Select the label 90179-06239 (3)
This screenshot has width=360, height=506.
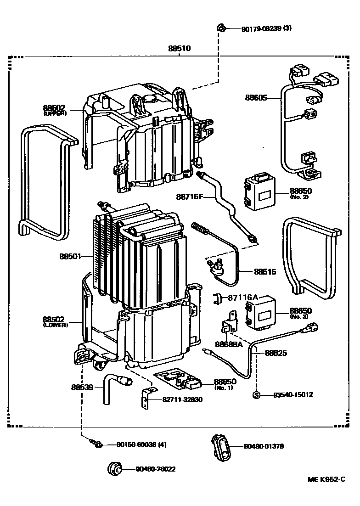click(266, 28)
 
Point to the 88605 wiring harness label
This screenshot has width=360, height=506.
click(256, 97)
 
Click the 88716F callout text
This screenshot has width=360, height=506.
click(189, 197)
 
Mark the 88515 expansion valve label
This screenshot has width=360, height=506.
click(265, 271)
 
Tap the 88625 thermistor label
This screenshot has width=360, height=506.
click(276, 353)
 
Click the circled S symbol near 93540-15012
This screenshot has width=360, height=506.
click(257, 395)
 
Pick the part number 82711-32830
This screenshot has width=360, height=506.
click(182, 399)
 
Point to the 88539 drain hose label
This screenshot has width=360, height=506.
click(82, 387)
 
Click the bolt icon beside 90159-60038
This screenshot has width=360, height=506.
click(97, 444)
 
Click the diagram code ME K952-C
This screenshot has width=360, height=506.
click(326, 479)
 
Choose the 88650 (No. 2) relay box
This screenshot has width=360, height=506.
click(259, 193)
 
